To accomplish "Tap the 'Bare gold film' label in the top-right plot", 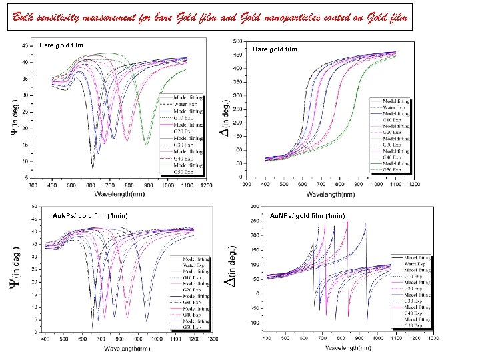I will pyautogui.click(x=275, y=49).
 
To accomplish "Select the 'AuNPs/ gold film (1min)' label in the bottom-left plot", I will pyautogui.click(x=90, y=215).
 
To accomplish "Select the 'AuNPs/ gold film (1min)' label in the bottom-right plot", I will pyautogui.click(x=308, y=215).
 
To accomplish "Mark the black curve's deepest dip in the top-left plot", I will pyautogui.click(x=92, y=167).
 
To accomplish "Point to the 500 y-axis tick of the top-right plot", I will pyautogui.click(x=237, y=41).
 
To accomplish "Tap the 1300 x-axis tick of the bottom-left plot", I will pyautogui.click(x=212, y=339).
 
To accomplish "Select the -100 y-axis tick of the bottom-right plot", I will pyautogui.click(x=253, y=323).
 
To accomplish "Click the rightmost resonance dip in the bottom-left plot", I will pyautogui.click(x=146, y=321).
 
